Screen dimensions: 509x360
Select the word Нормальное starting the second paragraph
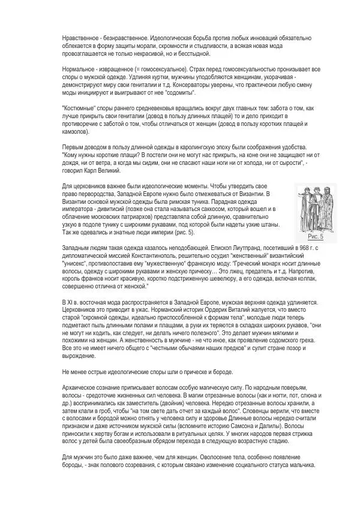click(x=78, y=70)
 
